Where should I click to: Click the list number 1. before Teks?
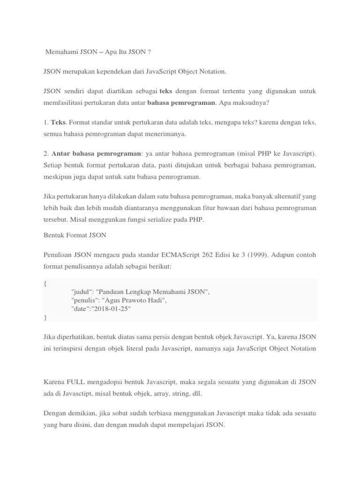click(45, 122)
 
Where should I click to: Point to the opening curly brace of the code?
click(45, 284)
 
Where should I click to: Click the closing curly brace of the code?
click(45, 317)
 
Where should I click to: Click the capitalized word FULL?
click(77, 382)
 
